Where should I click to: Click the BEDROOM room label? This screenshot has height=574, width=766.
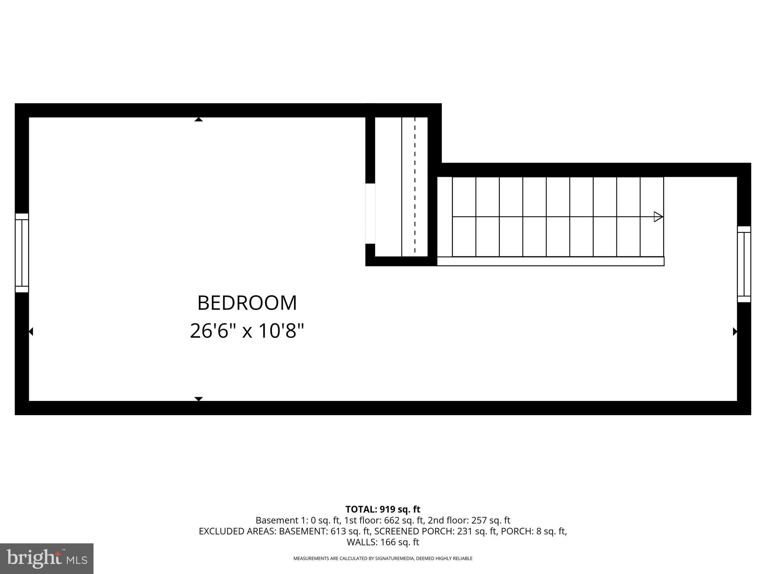[247, 303]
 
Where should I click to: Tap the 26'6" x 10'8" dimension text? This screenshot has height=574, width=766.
[247, 331]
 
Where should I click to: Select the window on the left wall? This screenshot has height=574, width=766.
[22, 253]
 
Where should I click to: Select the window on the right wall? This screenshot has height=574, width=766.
[744, 264]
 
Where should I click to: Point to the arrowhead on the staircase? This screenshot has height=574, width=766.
[658, 217]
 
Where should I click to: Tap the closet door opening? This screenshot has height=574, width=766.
[370, 213]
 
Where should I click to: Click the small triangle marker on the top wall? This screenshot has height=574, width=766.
[199, 120]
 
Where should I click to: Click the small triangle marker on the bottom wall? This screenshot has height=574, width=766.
[199, 399]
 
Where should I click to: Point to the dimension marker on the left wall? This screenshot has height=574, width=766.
[31, 331]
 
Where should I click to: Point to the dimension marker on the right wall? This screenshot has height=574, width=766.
[735, 331]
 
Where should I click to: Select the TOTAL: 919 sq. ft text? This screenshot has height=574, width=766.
[383, 509]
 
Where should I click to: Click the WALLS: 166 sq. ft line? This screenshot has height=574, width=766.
[383, 542]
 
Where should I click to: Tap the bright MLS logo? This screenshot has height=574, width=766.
[47, 558]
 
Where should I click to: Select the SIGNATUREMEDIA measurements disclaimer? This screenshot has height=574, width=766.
[383, 558]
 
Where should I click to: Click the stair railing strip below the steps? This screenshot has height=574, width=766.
[551, 261]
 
